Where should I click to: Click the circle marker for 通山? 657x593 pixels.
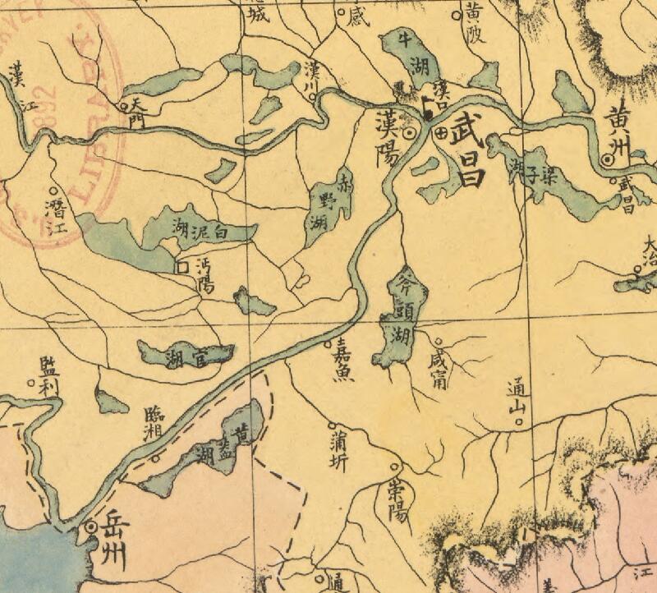click(518, 423)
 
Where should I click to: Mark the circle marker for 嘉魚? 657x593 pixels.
click(329, 342)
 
